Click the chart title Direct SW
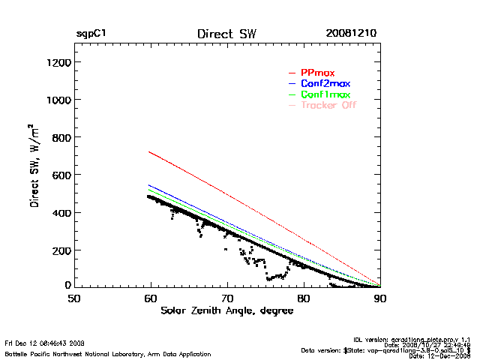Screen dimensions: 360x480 coord(226,34)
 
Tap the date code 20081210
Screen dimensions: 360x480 coord(351,34)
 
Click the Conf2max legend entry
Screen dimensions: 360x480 coord(325,83)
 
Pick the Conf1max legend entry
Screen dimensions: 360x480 coord(325,94)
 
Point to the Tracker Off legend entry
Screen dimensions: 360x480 coord(328,105)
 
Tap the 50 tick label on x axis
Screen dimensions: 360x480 coord(74,298)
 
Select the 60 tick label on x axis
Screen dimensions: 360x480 coord(151,298)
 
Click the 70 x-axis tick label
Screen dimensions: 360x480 coord(227,298)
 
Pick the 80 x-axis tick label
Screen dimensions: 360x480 coord(304,298)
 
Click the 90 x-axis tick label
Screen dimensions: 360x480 coord(380,298)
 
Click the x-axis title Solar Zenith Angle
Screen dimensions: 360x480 coord(227,310)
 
